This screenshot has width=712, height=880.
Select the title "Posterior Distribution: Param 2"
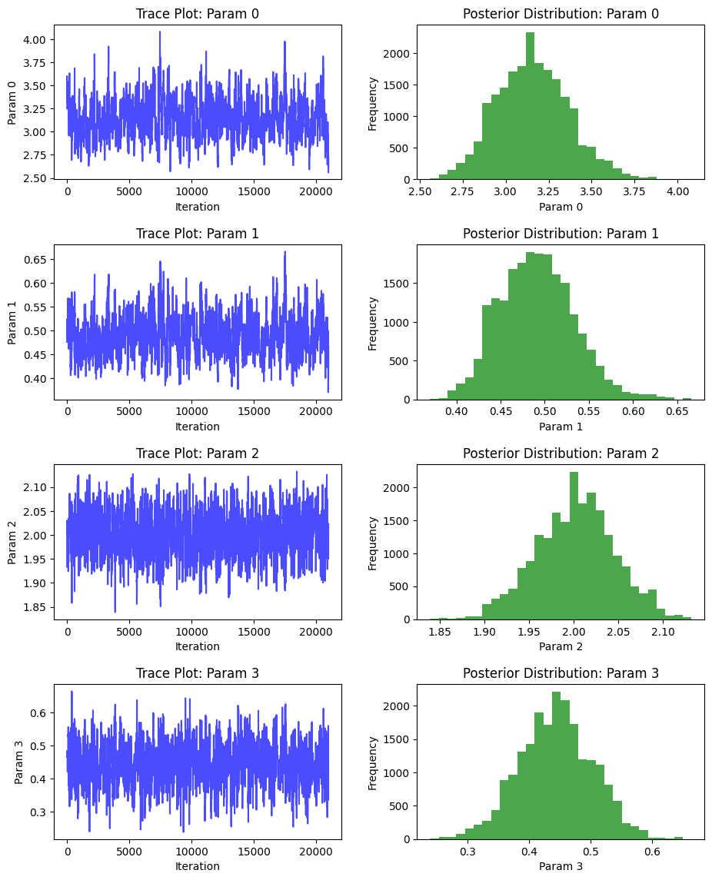coord(561,453)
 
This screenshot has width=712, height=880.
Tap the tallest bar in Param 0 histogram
coord(530,108)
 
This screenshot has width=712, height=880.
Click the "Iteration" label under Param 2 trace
coord(198,646)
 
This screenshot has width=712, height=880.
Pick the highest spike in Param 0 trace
coord(160,32)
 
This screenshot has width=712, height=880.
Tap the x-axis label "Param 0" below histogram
coord(561,207)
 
